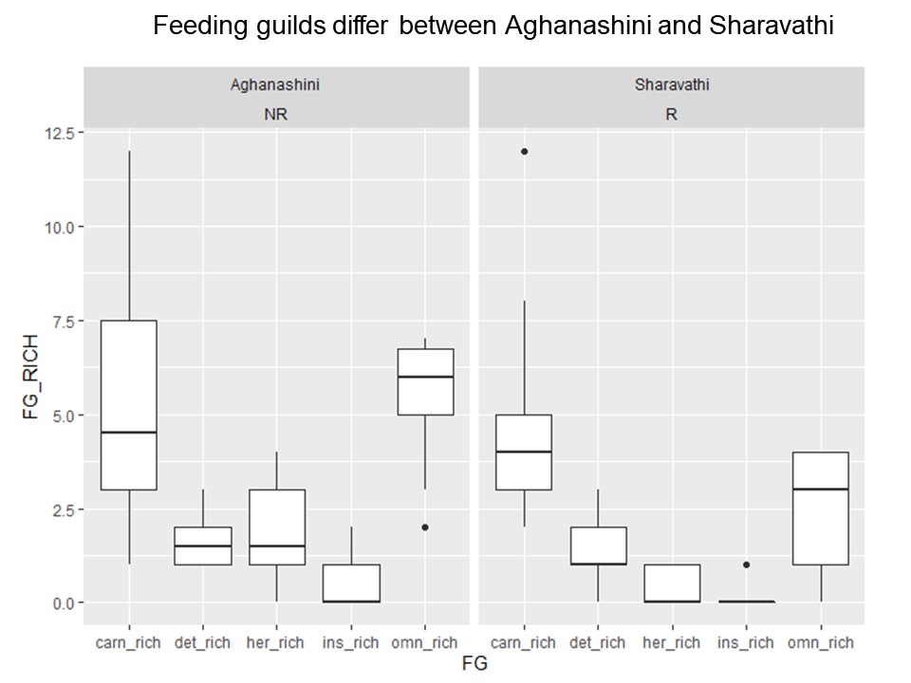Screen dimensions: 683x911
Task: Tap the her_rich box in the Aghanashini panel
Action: [277, 526]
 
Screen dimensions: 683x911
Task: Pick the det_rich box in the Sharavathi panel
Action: [598, 545]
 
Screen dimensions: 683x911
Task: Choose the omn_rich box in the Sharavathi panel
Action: [821, 508]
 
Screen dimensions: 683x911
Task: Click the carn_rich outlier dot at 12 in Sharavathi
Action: [524, 152]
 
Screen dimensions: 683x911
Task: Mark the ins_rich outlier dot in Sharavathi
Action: [747, 564]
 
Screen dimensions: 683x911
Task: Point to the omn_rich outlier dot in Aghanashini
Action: [426, 527]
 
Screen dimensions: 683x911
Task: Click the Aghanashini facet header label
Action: [275, 84]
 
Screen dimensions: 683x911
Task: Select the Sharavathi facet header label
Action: [672, 84]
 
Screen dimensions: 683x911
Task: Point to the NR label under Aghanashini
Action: [275, 112]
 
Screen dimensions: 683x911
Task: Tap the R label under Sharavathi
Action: [672, 112]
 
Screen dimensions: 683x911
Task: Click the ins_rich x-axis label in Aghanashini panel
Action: [351, 642]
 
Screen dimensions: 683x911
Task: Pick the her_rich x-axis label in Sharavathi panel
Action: [672, 642]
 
